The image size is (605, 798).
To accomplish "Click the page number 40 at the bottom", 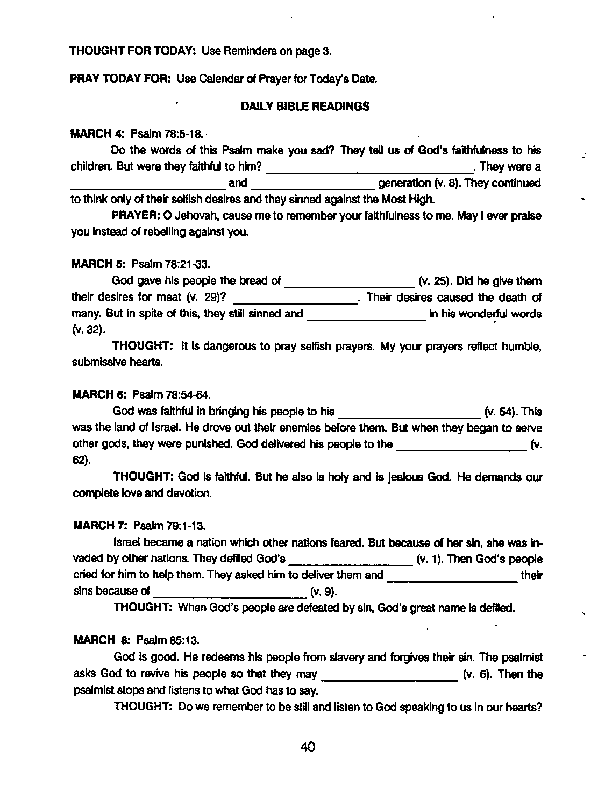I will point(308,746).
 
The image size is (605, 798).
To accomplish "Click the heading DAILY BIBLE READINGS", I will point(305,107).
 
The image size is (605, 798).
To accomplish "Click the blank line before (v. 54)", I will point(408,416).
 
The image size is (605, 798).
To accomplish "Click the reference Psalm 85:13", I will point(168,640).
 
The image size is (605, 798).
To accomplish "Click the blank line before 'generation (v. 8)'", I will point(313,188).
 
